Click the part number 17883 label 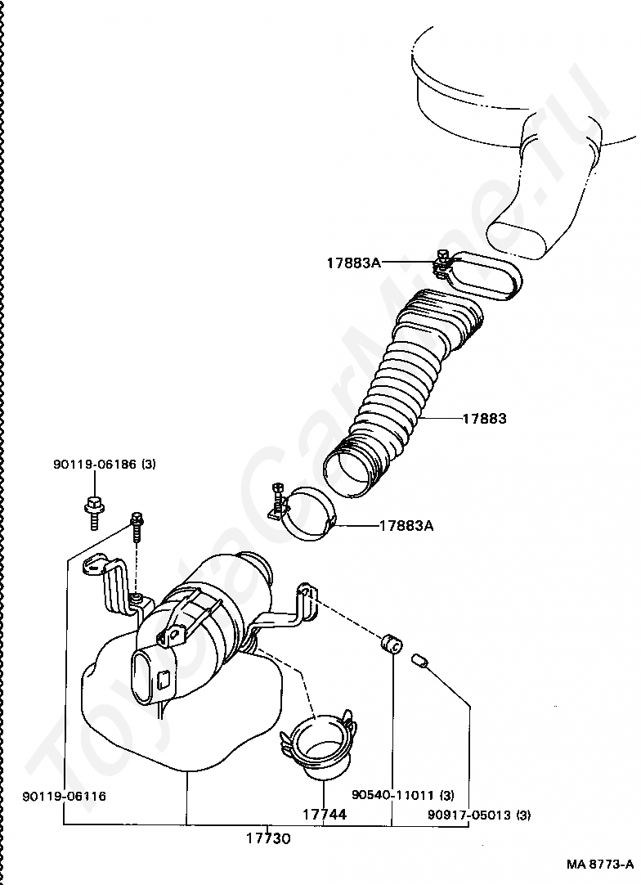(x=484, y=419)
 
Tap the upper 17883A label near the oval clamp (x=354, y=263)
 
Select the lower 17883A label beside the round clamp (x=406, y=525)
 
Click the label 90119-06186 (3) (x=105, y=465)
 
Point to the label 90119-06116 (x=65, y=797)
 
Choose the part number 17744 (x=325, y=814)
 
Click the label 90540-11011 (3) (x=403, y=796)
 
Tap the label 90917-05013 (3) (x=479, y=815)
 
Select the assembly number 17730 (x=269, y=838)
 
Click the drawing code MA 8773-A (x=600, y=864)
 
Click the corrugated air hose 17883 (x=402, y=393)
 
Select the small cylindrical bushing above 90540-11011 (x=391, y=644)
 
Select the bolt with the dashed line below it (x=136, y=524)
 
